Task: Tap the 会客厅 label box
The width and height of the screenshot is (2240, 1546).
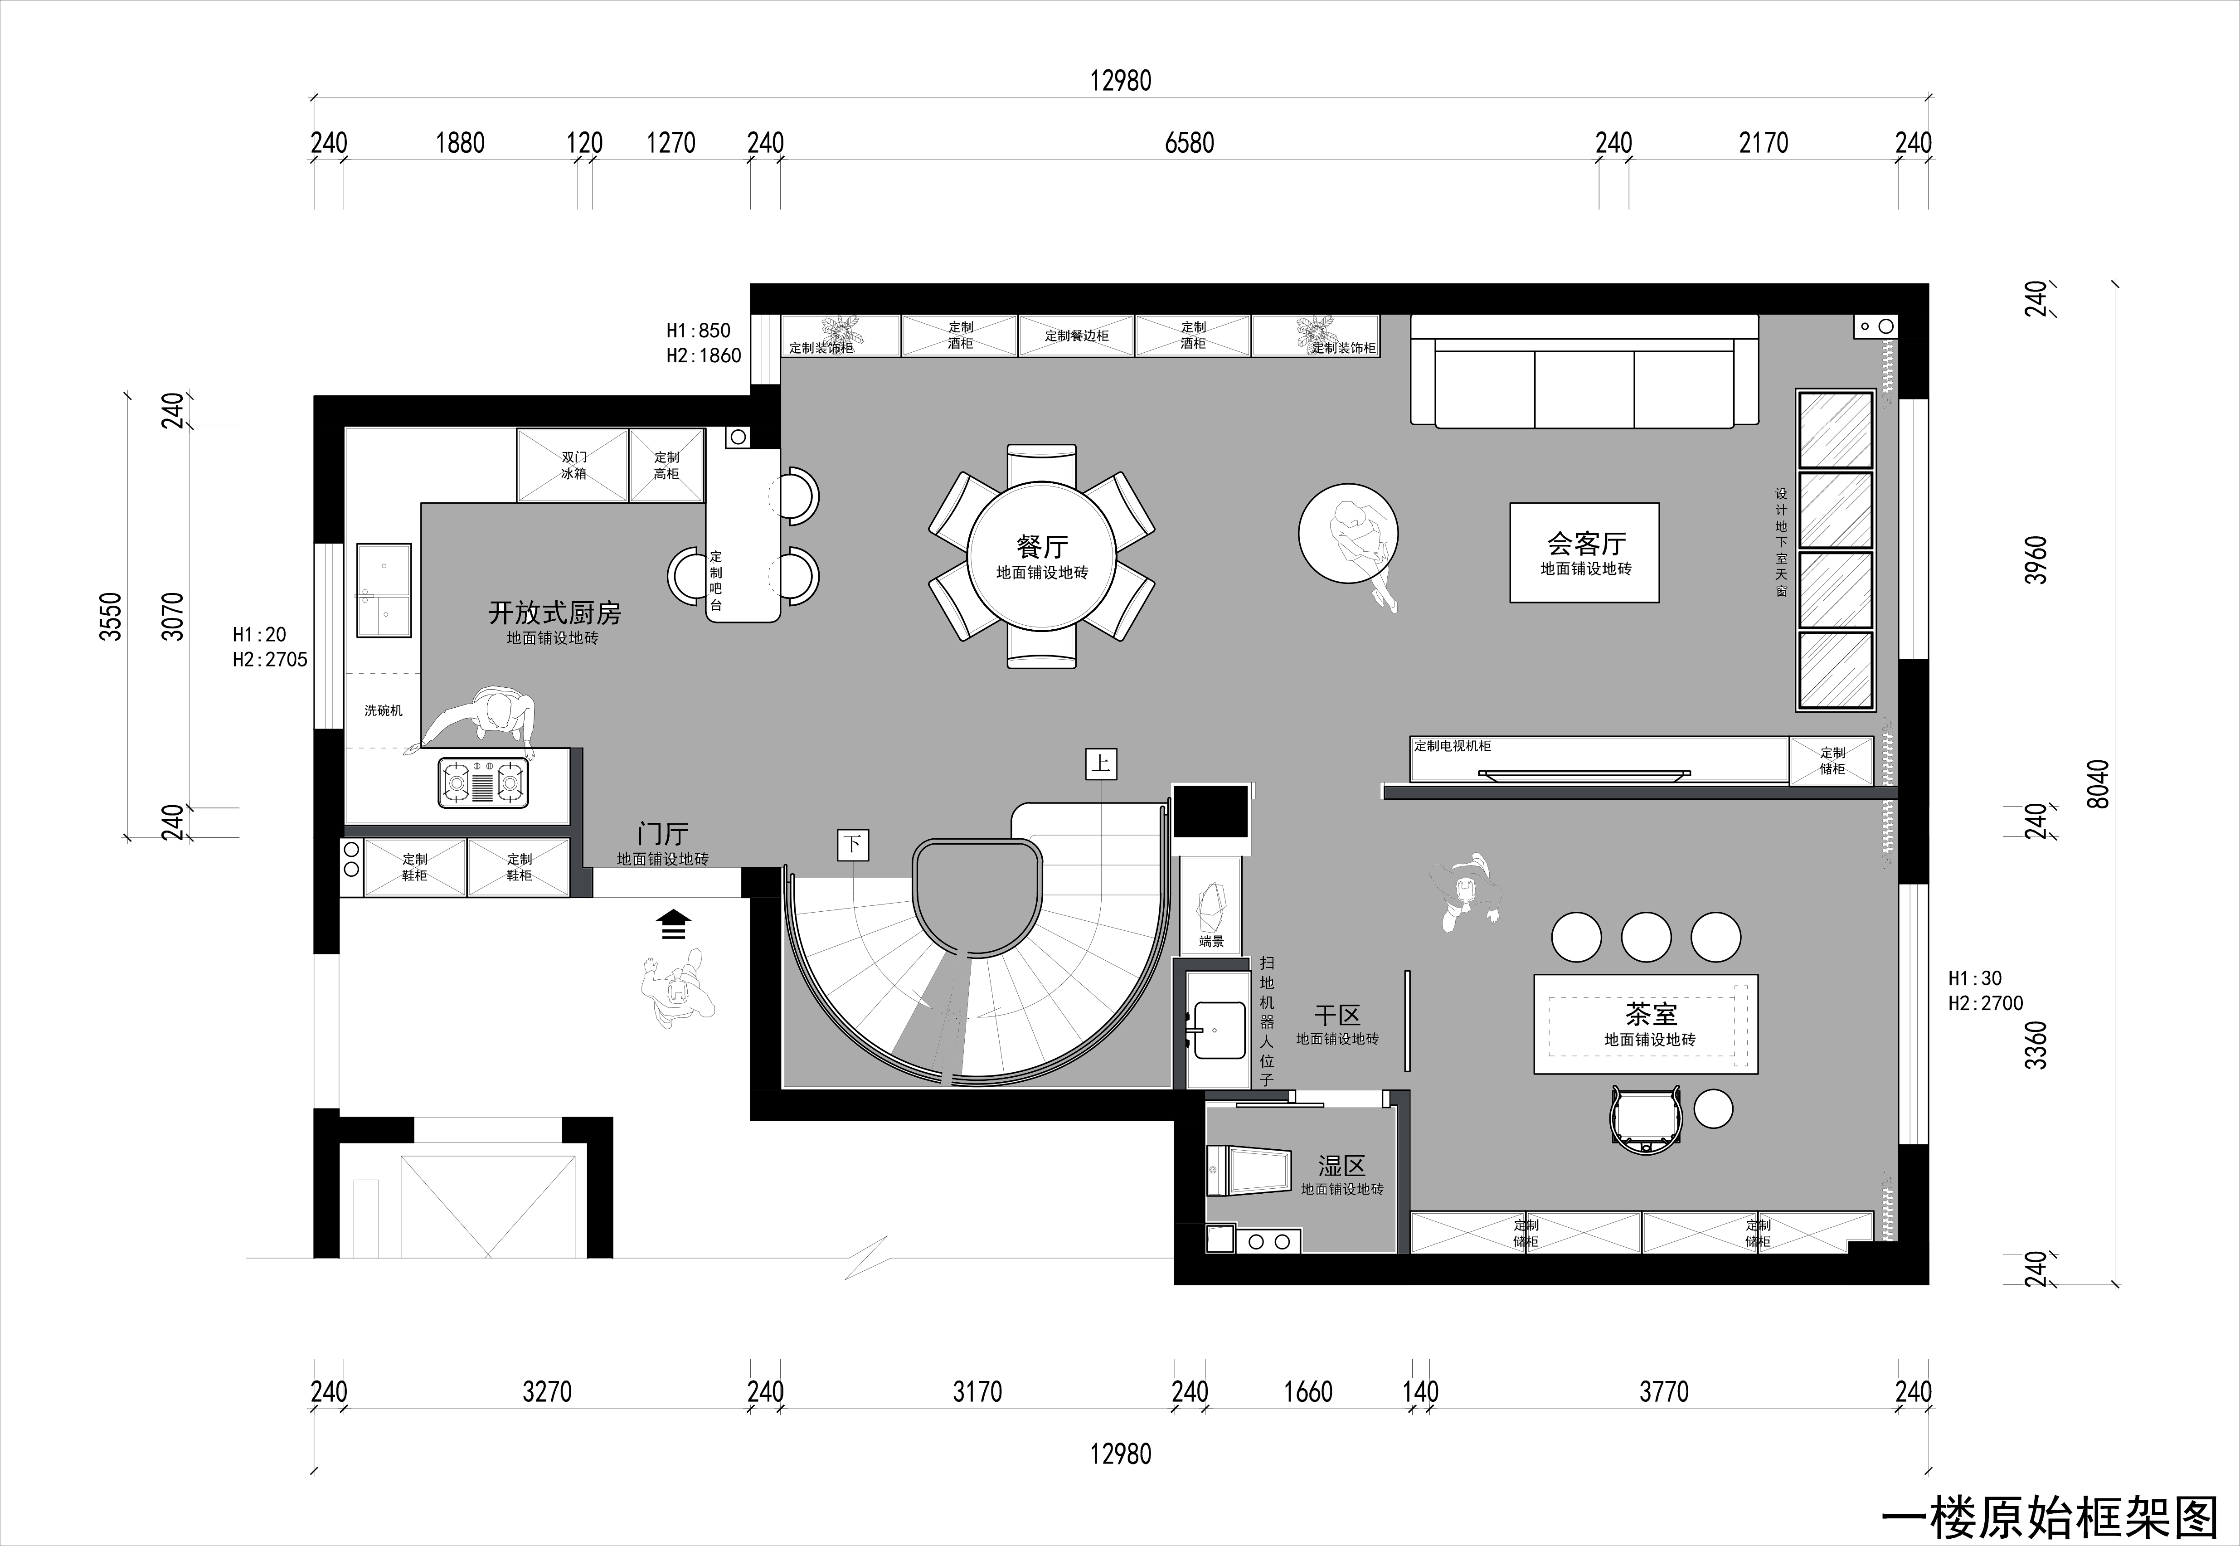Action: (x=1584, y=552)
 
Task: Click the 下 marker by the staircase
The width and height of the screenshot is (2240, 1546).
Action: (x=852, y=845)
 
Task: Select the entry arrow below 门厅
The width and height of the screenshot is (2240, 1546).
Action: (x=673, y=924)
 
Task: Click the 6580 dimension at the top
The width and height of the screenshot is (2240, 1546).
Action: (x=1189, y=143)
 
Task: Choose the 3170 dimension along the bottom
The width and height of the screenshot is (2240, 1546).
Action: (x=977, y=1392)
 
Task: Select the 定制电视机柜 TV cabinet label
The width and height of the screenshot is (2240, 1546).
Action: (x=1453, y=746)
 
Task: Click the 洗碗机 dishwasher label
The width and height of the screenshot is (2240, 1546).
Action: (x=384, y=710)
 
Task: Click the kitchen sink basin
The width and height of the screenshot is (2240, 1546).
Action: (x=384, y=590)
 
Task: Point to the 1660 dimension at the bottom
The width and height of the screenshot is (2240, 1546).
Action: (x=1308, y=1392)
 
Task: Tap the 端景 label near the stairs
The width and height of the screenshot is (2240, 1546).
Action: (x=1211, y=942)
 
